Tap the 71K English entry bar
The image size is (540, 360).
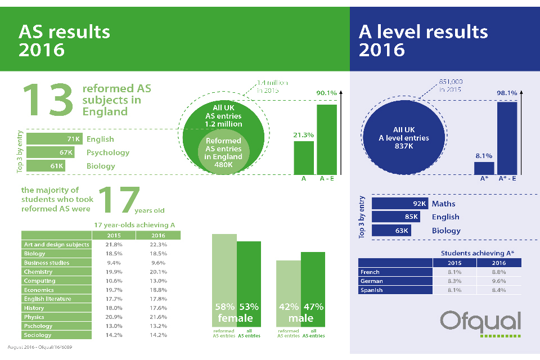[x=55, y=139]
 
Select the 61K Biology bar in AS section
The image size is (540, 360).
[x=46, y=166]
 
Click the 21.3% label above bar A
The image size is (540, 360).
[x=304, y=135]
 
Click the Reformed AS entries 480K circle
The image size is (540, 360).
[x=223, y=149]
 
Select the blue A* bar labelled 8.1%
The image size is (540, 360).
[x=484, y=168]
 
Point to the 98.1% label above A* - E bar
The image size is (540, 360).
[x=507, y=93]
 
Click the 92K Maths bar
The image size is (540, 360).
[x=400, y=204]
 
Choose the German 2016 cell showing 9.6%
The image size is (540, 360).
[x=498, y=281]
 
